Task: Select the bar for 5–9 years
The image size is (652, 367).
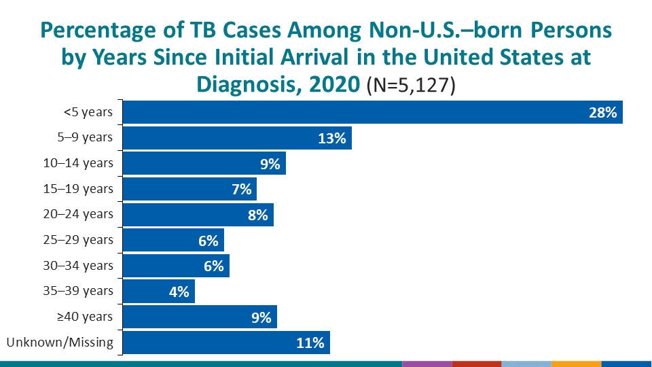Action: pos(237,138)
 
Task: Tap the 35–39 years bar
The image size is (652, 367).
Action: pos(159,292)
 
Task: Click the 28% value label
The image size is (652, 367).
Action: pos(602,113)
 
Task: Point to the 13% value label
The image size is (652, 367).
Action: pos(332,139)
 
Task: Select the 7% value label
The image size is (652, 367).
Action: pos(242,190)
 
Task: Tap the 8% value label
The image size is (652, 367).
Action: pos(259,215)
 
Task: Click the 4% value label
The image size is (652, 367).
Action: pos(180,292)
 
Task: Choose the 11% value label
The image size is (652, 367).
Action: pos(310,343)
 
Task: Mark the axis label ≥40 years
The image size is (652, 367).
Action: pos(86,317)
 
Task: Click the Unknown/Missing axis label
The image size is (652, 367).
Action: pos(60,342)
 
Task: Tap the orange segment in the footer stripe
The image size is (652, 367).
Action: pos(576,364)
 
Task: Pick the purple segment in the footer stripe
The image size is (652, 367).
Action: pos(427,364)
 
